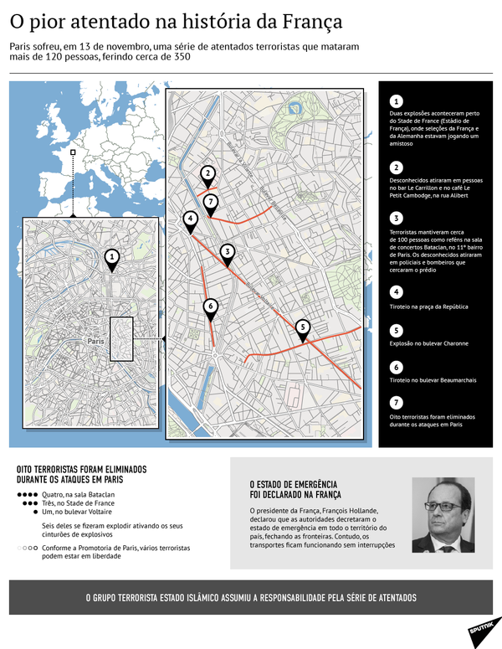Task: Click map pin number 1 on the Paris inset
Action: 113,258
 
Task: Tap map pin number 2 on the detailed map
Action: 207,173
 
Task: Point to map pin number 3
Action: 227,251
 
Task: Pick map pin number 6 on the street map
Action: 210,306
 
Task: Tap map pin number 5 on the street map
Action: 303,327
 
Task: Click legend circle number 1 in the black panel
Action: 397,100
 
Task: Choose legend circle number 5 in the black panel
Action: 397,330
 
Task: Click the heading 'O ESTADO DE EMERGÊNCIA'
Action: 293,484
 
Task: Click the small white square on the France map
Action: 74,153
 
